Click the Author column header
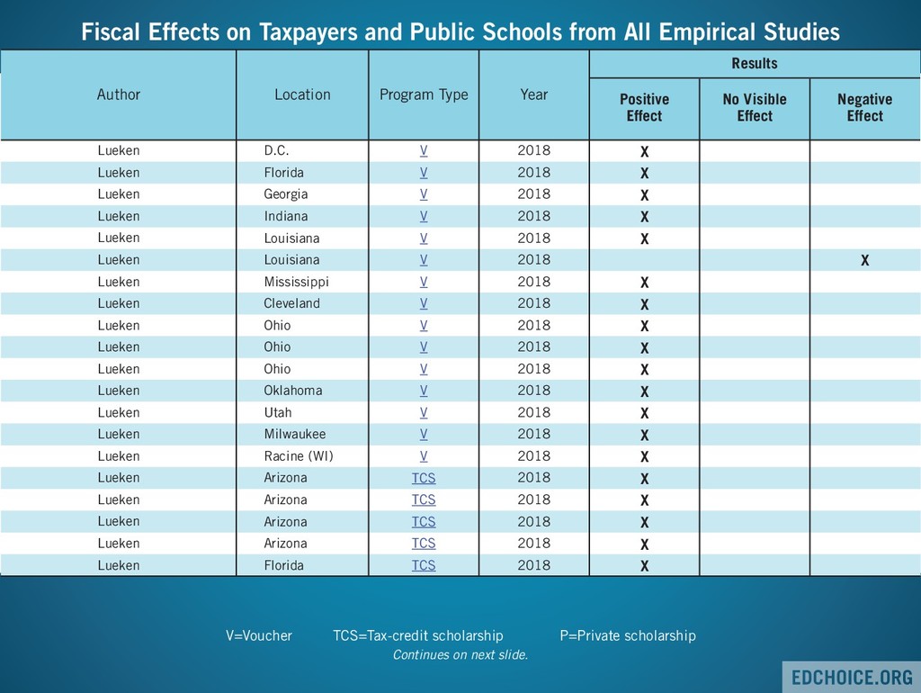point(119,94)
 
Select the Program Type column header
point(424,94)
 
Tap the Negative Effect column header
point(864,107)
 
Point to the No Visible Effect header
point(755,107)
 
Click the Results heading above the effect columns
point(755,64)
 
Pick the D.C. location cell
point(276,150)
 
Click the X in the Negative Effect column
point(864,261)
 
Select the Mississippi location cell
point(296,282)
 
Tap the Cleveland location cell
point(291,303)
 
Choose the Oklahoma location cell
point(292,391)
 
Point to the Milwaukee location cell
point(294,434)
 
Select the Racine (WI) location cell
point(298,456)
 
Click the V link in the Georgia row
point(424,194)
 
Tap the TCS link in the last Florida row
point(424,565)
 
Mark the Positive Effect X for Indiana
point(644,217)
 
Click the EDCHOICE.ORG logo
point(851,677)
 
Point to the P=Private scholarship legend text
point(628,635)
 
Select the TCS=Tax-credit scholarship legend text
point(418,635)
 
